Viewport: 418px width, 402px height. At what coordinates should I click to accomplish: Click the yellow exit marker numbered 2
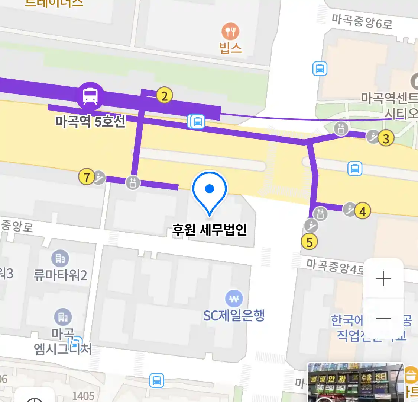click(164, 95)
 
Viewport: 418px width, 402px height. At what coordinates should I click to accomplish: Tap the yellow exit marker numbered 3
click(386, 138)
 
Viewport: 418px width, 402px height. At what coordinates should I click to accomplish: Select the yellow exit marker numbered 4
click(363, 211)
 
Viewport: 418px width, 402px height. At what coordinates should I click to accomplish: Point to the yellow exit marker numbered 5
click(310, 242)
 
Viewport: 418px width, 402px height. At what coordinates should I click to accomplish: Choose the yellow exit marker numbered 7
click(87, 177)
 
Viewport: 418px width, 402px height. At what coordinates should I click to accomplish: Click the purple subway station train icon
click(90, 96)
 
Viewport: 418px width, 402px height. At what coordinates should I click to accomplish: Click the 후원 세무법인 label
click(210, 230)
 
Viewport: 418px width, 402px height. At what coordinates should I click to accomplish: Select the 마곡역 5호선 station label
click(90, 121)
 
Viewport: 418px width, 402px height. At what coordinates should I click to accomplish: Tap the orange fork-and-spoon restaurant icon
click(230, 32)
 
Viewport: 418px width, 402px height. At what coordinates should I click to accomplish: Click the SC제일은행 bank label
click(234, 316)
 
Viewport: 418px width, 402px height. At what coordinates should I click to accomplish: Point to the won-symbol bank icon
click(234, 299)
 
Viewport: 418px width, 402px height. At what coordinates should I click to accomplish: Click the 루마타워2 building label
click(60, 275)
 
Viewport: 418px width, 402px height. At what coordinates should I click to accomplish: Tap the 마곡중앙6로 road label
click(362, 22)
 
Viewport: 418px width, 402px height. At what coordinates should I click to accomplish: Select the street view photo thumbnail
click(355, 382)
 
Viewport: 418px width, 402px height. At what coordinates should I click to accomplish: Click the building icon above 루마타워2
click(60, 258)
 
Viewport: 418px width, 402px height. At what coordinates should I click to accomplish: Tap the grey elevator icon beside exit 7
click(133, 182)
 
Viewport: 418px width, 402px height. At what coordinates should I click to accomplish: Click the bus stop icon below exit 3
click(355, 169)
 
